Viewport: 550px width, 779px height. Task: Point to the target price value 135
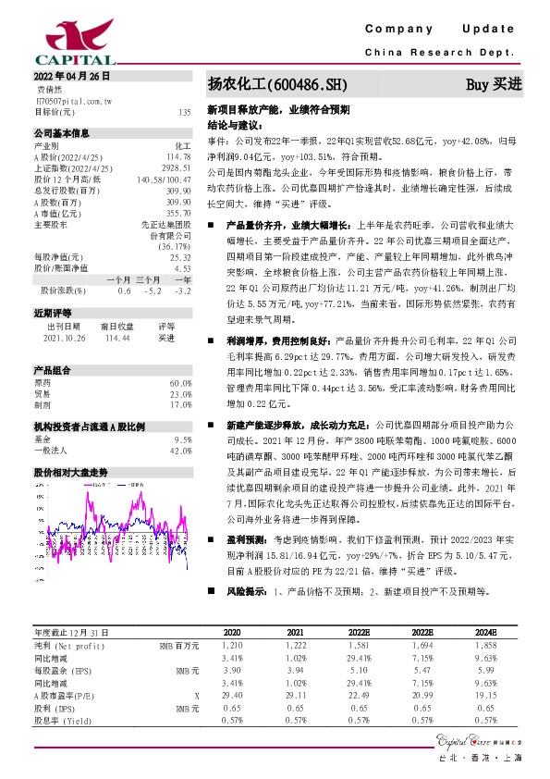tap(184, 112)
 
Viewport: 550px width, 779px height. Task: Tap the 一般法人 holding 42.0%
tap(180, 451)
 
